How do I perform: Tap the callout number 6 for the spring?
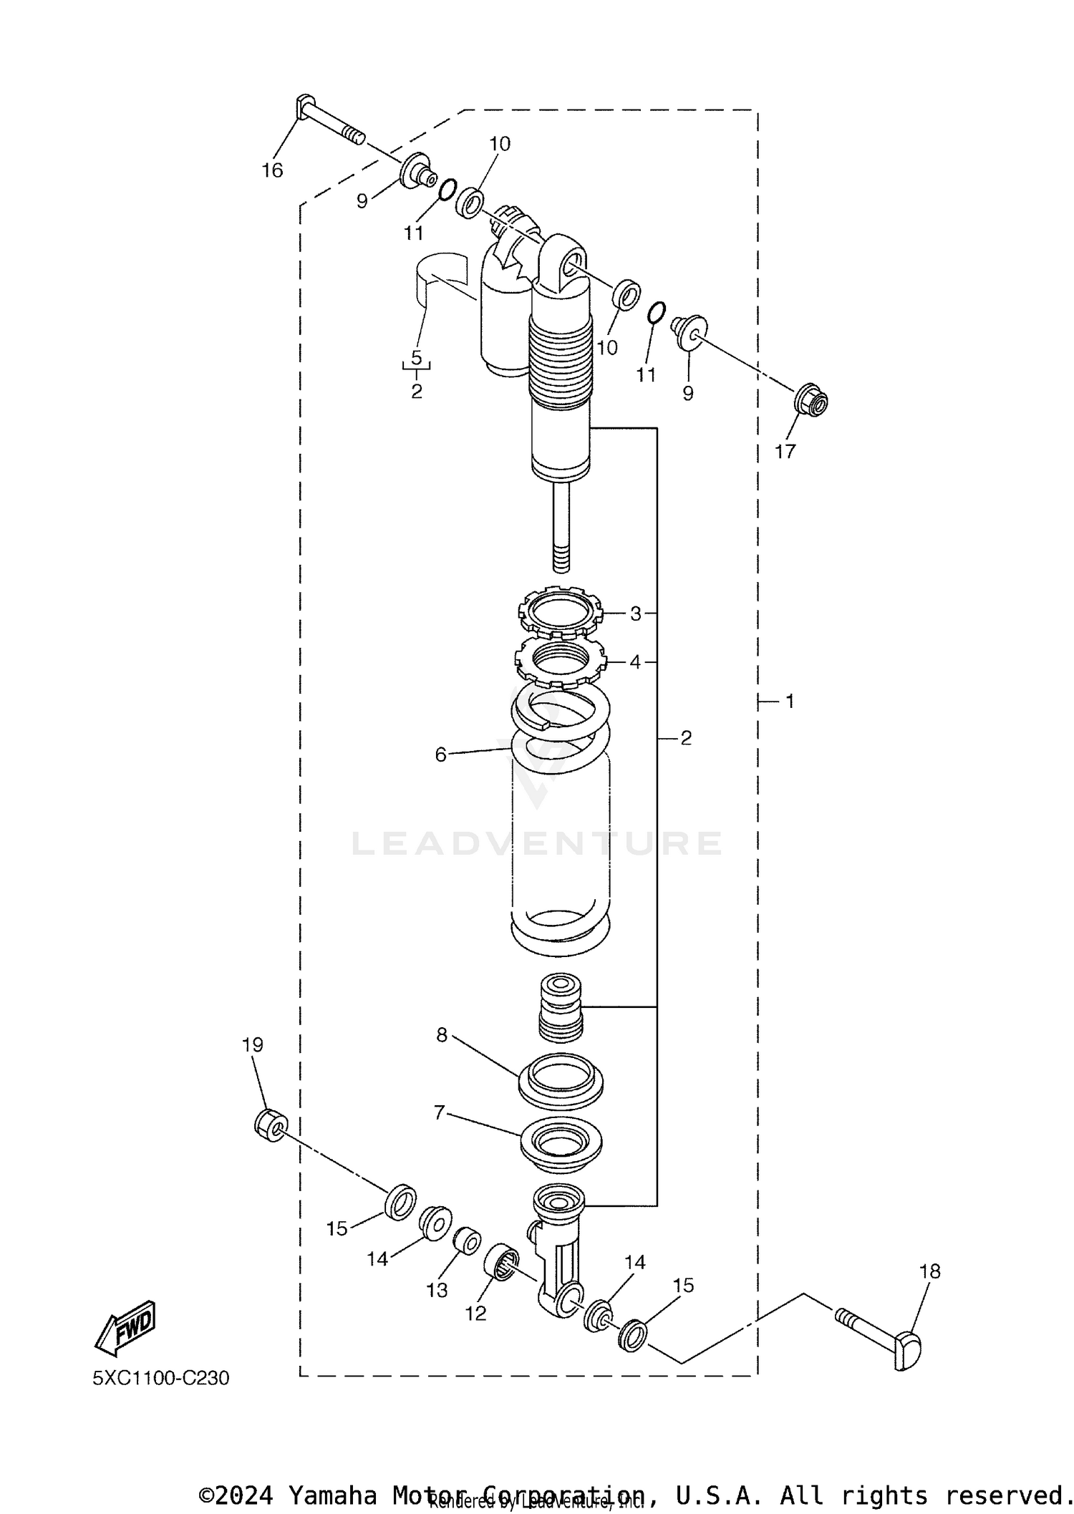(440, 754)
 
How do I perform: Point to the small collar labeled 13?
(467, 1241)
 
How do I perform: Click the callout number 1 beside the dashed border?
(790, 702)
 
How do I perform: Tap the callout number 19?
(253, 1045)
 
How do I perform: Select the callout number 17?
(785, 452)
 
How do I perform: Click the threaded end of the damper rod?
(561, 558)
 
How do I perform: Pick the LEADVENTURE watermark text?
(537, 843)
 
